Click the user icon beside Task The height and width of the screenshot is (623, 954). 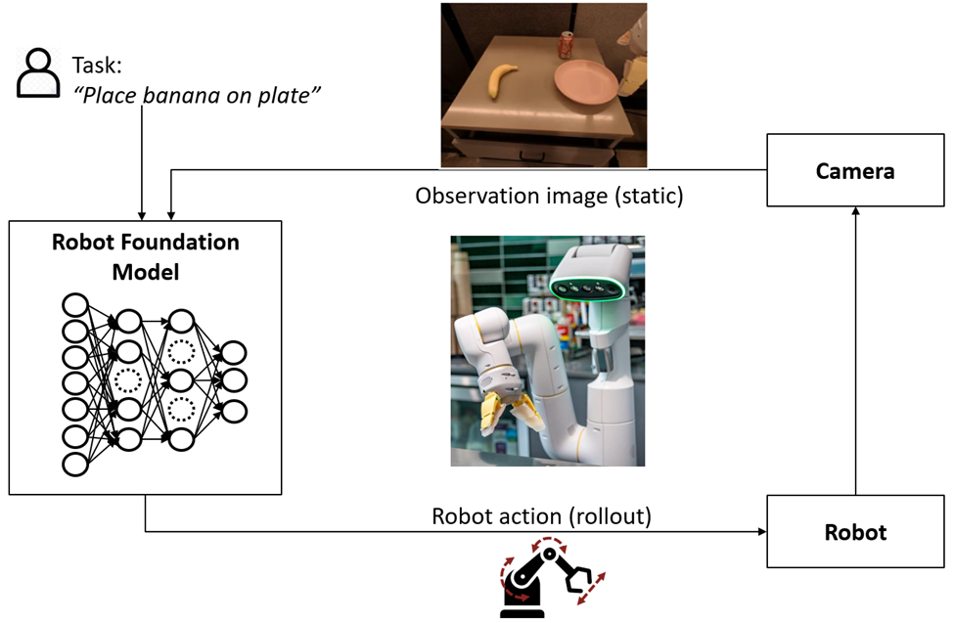point(38,72)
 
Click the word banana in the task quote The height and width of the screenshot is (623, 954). point(181,96)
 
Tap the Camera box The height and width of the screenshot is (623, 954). point(855,170)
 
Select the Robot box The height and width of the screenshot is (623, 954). point(855,532)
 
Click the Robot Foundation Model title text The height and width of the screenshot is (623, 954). point(146,257)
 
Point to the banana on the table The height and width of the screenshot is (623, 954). point(503,80)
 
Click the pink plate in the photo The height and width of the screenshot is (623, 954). point(585,82)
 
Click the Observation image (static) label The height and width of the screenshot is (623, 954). point(549,196)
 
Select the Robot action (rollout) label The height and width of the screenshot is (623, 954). point(541,516)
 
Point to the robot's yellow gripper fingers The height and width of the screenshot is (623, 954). point(508,413)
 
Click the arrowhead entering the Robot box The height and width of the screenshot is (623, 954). point(762,532)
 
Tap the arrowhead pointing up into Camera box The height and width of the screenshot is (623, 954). point(855,211)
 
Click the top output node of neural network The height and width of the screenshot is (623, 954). point(233,352)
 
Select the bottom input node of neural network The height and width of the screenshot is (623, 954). point(75,464)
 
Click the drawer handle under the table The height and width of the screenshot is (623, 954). point(529,156)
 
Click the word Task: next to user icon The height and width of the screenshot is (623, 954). point(97,66)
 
